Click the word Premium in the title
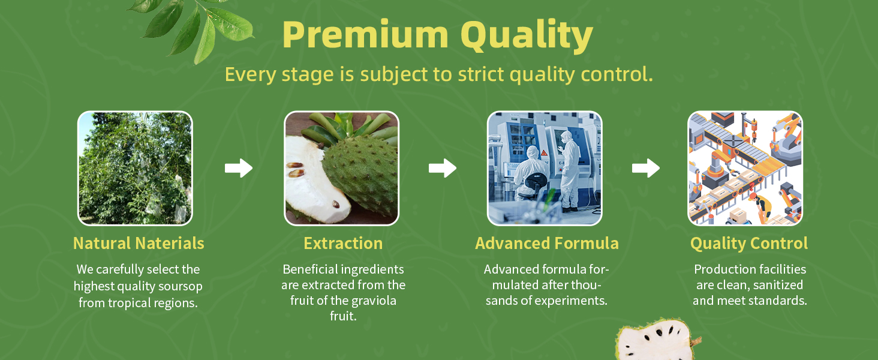tap(365, 35)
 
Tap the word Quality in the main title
tap(527, 36)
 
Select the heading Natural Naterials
tap(139, 244)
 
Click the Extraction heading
tap(343, 244)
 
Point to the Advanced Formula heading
tap(547, 244)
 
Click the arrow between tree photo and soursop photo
tap(238, 168)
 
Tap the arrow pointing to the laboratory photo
tap(443, 168)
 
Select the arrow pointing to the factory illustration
tap(646, 168)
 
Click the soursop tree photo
tap(135, 168)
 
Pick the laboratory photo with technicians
tap(545, 168)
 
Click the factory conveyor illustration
tap(745, 168)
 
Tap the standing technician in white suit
tap(570, 170)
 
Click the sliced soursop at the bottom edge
tap(657, 340)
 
